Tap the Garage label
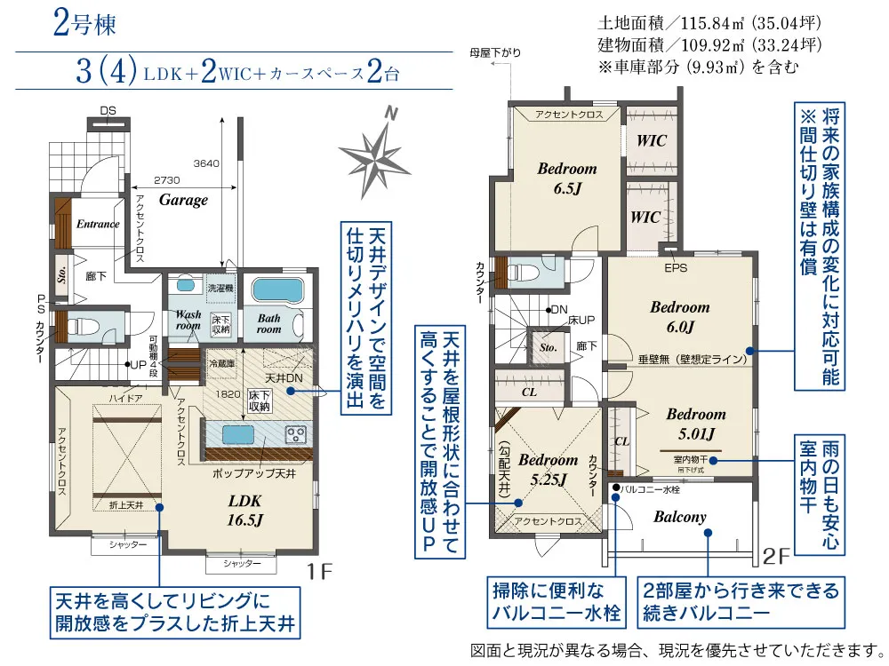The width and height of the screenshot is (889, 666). click(183, 200)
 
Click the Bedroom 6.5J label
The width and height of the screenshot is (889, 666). click(566, 178)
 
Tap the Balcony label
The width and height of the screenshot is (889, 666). click(680, 517)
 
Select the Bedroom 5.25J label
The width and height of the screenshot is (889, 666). click(548, 469)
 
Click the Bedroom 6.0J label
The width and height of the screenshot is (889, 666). click(680, 316)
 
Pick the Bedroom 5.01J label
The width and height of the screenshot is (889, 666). click(696, 423)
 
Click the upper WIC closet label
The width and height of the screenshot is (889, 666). click(650, 141)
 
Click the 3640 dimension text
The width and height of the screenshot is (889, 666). click(206, 163)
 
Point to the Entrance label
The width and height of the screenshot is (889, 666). click(97, 225)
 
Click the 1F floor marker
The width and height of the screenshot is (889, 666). click(322, 572)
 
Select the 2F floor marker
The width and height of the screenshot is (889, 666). click(776, 557)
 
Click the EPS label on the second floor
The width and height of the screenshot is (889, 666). click(675, 265)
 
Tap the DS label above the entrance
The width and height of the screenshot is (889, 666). click(108, 110)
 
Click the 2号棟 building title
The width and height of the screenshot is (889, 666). click(84, 25)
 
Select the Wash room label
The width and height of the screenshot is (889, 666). click(188, 320)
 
